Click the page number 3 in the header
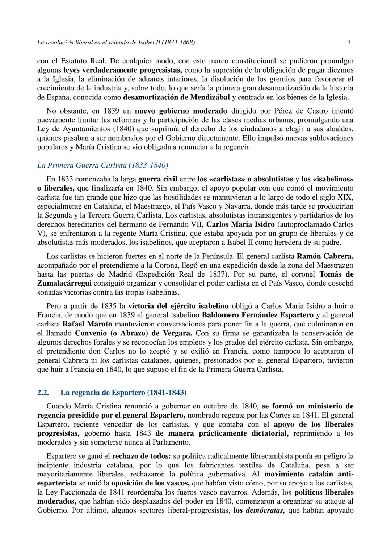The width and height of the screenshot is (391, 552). [x=349, y=42]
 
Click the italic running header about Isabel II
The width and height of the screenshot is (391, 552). [x=116, y=42]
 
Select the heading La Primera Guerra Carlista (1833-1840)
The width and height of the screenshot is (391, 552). [x=102, y=166]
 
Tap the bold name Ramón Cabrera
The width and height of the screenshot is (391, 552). [x=325, y=256]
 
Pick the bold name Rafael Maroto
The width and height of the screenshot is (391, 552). [x=87, y=324]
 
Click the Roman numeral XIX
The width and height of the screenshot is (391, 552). [x=345, y=197]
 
